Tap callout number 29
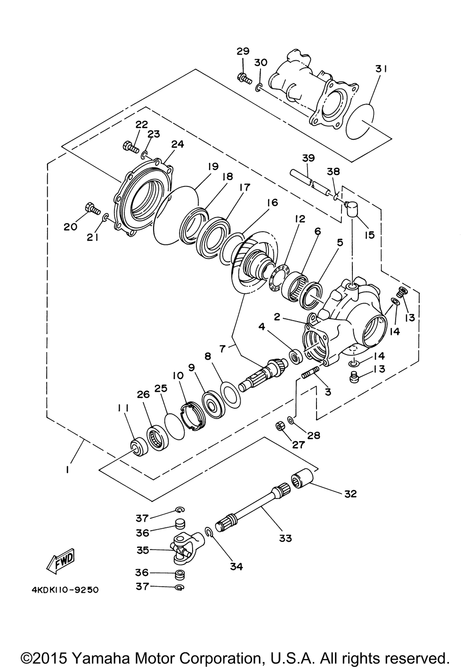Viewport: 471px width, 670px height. [x=243, y=51]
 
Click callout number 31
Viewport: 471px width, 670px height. [x=381, y=69]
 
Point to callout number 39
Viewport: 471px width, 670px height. [x=309, y=158]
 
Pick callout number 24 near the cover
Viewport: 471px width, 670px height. [x=178, y=145]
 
